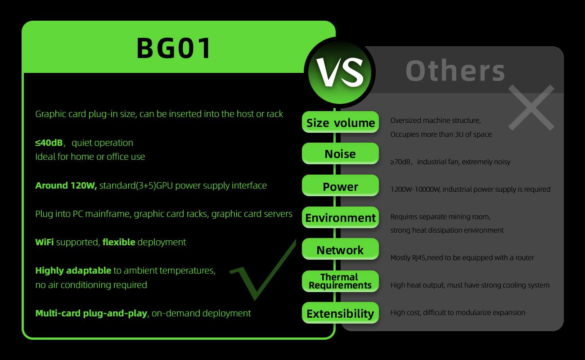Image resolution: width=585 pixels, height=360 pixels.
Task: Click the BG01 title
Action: click(x=174, y=48)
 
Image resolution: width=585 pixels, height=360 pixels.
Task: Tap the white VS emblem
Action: click(x=340, y=72)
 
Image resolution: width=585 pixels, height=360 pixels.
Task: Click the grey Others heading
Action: click(x=455, y=71)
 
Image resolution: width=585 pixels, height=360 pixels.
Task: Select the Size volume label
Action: click(x=340, y=122)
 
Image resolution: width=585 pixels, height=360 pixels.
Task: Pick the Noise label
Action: click(x=340, y=153)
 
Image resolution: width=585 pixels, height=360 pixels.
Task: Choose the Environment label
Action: click(x=340, y=218)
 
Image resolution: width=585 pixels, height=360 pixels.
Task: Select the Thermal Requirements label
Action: click(x=340, y=281)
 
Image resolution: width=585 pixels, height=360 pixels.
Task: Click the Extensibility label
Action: click(x=340, y=313)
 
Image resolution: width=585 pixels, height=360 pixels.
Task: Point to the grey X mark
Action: click(x=531, y=108)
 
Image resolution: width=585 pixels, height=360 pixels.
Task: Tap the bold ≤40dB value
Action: click(x=49, y=143)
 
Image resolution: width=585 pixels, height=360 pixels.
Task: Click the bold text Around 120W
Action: click(x=66, y=185)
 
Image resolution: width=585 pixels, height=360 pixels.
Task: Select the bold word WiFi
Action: click(x=45, y=242)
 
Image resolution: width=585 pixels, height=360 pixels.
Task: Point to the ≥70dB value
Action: click(x=400, y=162)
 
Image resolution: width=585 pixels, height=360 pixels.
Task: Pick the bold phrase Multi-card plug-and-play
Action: click(x=91, y=313)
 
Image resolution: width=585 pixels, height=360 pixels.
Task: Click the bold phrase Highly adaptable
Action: click(x=73, y=270)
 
